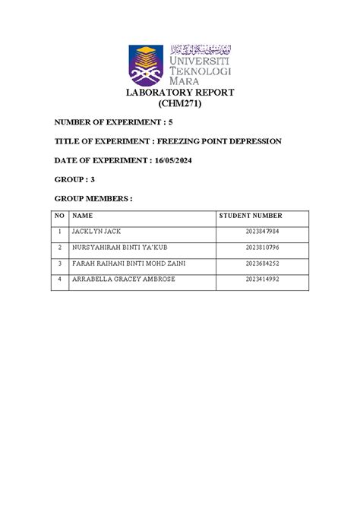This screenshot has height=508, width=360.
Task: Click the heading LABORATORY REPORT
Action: pyautogui.click(x=180, y=93)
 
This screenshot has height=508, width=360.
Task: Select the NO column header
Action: pyautogui.click(x=58, y=216)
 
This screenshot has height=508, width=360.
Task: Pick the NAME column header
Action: pyautogui.click(x=81, y=216)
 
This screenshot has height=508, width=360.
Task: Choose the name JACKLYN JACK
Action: pyautogui.click(x=96, y=232)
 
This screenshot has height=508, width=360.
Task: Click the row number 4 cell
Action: pyautogui.click(x=58, y=279)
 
